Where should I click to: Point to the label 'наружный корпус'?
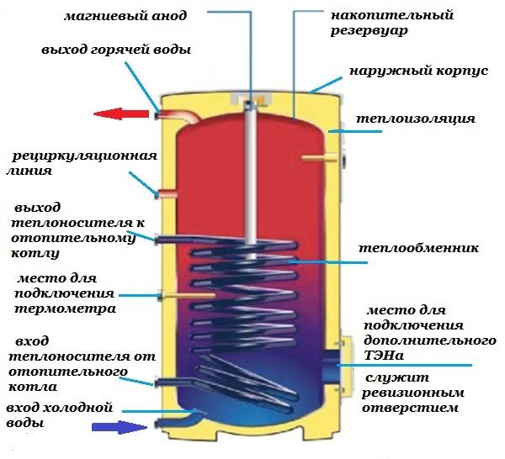pos(416,71)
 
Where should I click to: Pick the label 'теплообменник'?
pos(418,249)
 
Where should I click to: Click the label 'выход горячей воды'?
pos(116,50)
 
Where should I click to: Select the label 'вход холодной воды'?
pos(59,415)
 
